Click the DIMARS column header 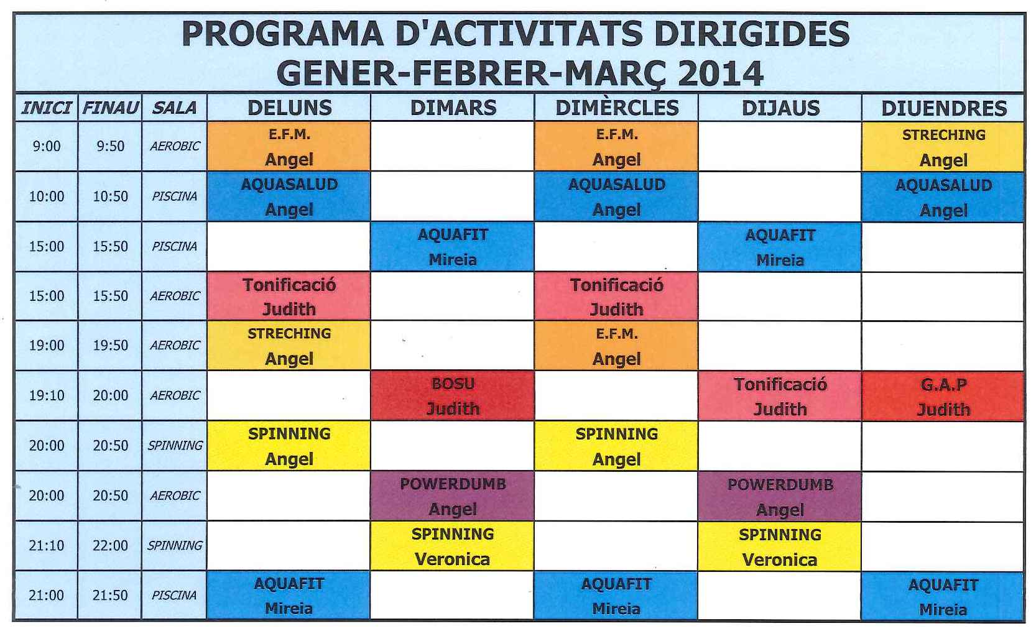click(453, 108)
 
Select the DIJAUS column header click(780, 108)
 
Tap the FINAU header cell click(110, 108)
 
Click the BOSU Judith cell click(453, 396)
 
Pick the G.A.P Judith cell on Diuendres click(943, 396)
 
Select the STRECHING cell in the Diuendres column click(943, 147)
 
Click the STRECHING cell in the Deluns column click(289, 346)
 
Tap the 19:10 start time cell click(47, 395)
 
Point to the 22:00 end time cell click(110, 545)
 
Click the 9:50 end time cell click(110, 146)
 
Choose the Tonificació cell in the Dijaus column click(780, 396)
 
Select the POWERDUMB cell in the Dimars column click(453, 496)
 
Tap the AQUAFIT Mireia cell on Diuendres click(943, 596)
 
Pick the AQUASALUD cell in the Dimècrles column click(616, 196)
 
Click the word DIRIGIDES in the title click(751, 34)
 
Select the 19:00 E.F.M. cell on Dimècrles click(616, 346)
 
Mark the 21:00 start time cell click(47, 595)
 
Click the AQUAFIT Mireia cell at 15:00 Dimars click(453, 247)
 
